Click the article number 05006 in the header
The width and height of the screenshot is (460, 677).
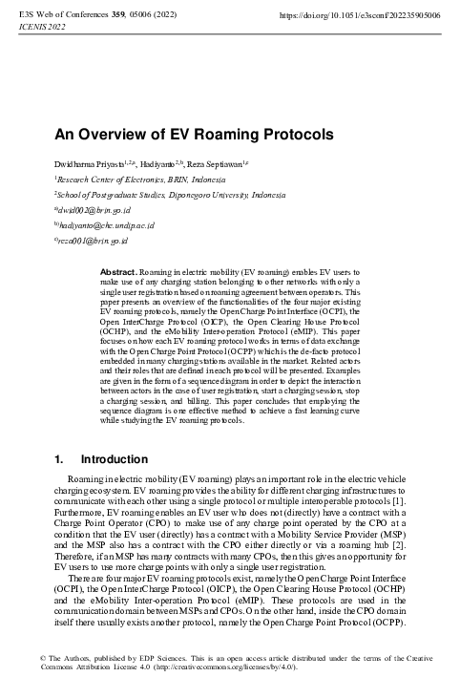156,15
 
